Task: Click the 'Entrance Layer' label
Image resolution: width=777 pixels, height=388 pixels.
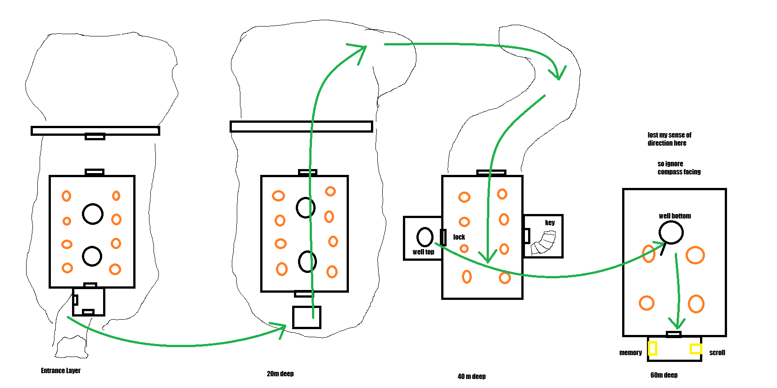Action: (x=61, y=370)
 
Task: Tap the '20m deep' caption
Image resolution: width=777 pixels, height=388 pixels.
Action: (x=280, y=374)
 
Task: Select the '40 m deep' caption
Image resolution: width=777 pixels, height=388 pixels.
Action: (x=471, y=376)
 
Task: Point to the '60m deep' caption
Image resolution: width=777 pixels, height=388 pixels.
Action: (x=664, y=375)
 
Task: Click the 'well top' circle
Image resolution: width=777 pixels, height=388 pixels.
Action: (x=425, y=237)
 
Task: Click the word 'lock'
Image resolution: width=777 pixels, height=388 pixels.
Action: (x=459, y=237)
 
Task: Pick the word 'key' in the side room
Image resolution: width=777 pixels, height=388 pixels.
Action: (x=550, y=223)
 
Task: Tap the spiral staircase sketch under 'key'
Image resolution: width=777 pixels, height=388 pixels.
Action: (x=544, y=243)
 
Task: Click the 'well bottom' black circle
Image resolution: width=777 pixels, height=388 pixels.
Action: (x=671, y=232)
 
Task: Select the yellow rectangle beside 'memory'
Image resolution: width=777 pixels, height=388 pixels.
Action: (x=652, y=348)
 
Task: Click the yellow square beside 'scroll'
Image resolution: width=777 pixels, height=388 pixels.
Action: (x=696, y=348)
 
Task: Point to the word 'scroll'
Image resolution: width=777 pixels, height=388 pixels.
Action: (x=717, y=352)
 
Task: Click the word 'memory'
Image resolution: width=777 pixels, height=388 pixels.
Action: (x=630, y=352)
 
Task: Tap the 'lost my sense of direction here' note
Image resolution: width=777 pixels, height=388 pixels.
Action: (x=669, y=139)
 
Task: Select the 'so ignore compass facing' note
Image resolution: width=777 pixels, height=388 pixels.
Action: (x=678, y=168)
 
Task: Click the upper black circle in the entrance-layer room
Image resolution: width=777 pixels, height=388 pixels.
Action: (x=93, y=214)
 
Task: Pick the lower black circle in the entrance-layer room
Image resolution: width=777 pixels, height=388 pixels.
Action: (x=92, y=256)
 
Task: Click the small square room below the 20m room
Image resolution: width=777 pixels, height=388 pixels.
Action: (x=307, y=317)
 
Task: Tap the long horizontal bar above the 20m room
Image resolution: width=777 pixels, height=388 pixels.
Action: (x=301, y=126)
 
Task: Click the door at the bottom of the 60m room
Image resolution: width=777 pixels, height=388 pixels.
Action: (x=673, y=334)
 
